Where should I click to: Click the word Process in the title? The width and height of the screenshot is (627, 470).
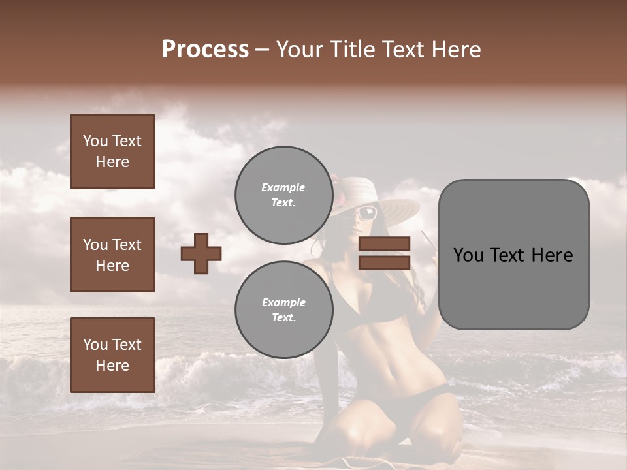(x=205, y=50)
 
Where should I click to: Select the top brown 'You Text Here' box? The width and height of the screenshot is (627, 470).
(x=112, y=151)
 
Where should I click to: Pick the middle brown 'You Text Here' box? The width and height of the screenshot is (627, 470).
(x=112, y=255)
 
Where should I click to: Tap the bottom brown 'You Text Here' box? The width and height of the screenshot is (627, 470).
(x=112, y=354)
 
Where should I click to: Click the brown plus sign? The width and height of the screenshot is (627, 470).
(x=201, y=253)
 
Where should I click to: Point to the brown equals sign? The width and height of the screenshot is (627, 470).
(x=384, y=253)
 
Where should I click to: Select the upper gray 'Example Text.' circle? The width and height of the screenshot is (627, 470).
(x=283, y=195)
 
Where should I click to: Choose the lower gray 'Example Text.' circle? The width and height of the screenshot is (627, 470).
(x=283, y=309)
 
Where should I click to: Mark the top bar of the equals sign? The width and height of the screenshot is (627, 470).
(x=384, y=244)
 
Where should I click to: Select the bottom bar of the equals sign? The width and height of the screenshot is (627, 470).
(x=384, y=262)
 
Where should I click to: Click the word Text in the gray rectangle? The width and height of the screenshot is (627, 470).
(x=513, y=255)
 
